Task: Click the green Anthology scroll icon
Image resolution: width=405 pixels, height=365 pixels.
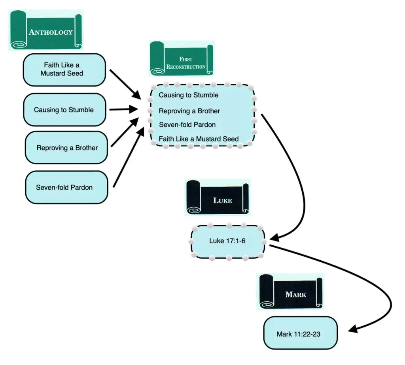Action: click(x=45, y=30)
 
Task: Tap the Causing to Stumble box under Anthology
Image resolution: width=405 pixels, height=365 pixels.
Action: click(x=64, y=110)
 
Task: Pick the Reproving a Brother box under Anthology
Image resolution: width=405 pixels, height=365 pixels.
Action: click(x=66, y=148)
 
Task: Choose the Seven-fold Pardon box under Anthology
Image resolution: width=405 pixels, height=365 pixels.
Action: click(x=66, y=187)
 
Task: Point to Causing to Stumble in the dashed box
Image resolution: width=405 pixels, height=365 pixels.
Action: click(x=188, y=95)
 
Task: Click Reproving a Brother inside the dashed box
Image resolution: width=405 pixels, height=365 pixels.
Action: click(x=189, y=111)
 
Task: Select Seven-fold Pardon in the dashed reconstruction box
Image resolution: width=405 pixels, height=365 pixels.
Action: click(x=187, y=125)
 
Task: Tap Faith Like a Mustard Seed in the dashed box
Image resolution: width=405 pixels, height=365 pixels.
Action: click(x=199, y=139)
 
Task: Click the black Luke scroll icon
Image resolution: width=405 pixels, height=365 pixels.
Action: click(x=217, y=198)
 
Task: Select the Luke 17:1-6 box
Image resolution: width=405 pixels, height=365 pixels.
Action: click(x=227, y=241)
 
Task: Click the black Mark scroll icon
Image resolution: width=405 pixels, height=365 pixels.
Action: click(x=291, y=292)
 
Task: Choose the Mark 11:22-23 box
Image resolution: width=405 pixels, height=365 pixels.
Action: click(x=300, y=334)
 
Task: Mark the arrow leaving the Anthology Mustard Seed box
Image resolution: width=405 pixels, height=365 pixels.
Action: click(x=125, y=84)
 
